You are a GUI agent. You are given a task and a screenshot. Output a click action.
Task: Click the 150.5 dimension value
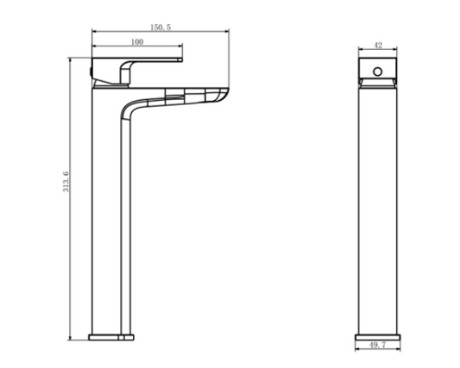click(x=161, y=28)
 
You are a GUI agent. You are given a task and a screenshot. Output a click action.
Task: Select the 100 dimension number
click(x=137, y=42)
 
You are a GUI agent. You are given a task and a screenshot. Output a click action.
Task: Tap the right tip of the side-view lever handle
click(x=182, y=59)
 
